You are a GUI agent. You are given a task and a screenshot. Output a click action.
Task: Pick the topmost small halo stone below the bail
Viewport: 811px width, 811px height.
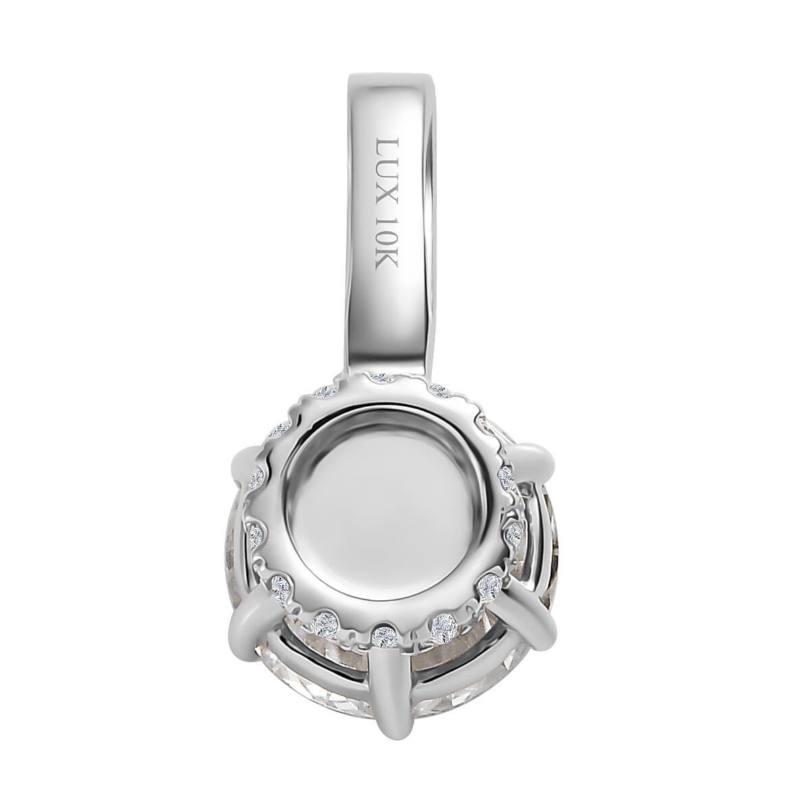point(383,376)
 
